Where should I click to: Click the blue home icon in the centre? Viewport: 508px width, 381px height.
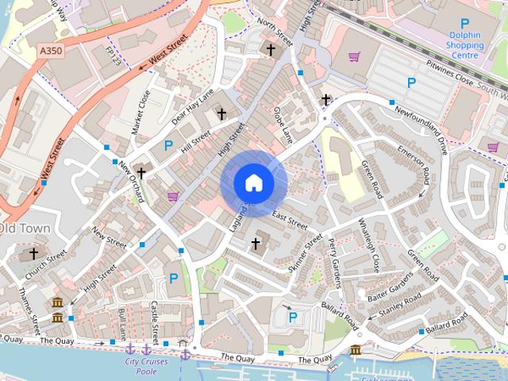(253, 183)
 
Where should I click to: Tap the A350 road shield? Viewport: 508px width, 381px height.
(52, 50)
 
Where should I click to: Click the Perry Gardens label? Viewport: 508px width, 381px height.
(333, 262)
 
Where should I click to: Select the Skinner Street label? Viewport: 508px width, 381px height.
(305, 253)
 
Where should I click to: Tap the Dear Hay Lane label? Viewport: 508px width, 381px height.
(193, 108)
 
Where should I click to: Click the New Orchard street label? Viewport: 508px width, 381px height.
(131, 182)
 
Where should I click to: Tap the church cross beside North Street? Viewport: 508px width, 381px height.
(271, 50)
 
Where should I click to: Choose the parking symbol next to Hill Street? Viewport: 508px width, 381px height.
(168, 145)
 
